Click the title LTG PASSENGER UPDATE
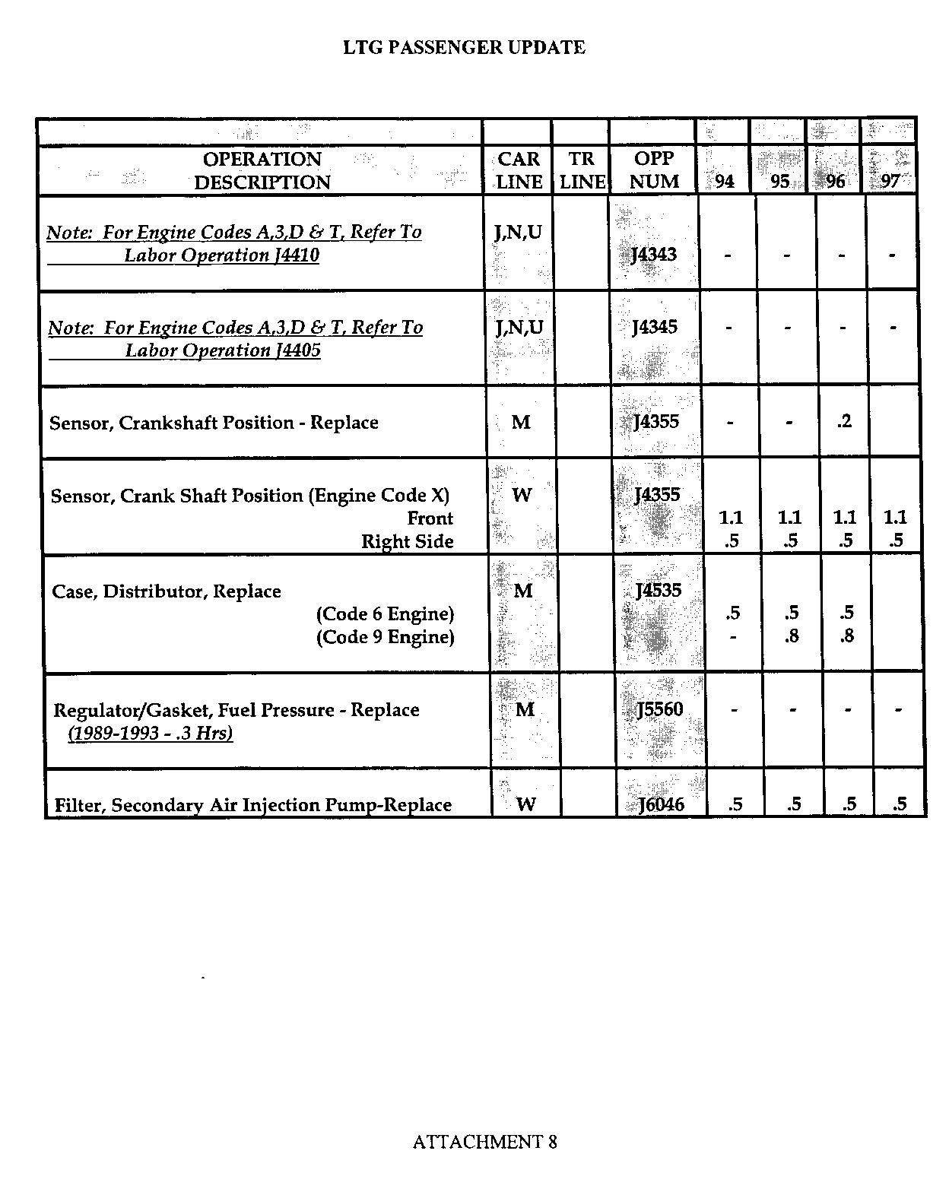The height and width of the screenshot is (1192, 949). pyautogui.click(x=464, y=48)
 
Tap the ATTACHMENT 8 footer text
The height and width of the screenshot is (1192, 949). pyautogui.click(x=484, y=1142)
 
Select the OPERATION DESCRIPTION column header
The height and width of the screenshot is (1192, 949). pyautogui.click(x=262, y=170)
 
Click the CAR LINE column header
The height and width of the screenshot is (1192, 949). pyautogui.click(x=519, y=170)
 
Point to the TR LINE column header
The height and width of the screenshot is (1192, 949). pyautogui.click(x=582, y=170)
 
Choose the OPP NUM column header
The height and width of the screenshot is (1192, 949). pyautogui.click(x=654, y=170)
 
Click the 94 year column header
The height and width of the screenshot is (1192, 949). pyautogui.click(x=725, y=182)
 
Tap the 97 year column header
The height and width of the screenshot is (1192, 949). pyautogui.click(x=890, y=182)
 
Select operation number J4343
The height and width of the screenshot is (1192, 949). pyautogui.click(x=654, y=255)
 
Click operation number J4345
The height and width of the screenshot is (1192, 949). pyautogui.click(x=655, y=328)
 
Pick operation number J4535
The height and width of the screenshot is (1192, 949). pyautogui.click(x=659, y=591)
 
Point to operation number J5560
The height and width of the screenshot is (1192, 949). pyautogui.click(x=660, y=709)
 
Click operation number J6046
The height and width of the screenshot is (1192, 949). pyautogui.click(x=662, y=804)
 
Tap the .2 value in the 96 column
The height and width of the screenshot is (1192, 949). pyautogui.click(x=844, y=422)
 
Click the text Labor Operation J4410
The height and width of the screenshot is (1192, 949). pyautogui.click(x=221, y=255)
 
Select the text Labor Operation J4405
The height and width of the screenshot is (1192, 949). pyautogui.click(x=223, y=350)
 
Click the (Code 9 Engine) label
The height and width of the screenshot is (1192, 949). pyautogui.click(x=385, y=637)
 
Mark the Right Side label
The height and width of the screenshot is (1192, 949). pyautogui.click(x=407, y=542)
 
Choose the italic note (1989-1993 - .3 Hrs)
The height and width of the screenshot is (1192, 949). pyautogui.click(x=150, y=734)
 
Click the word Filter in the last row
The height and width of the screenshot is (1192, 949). pyautogui.click(x=78, y=805)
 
